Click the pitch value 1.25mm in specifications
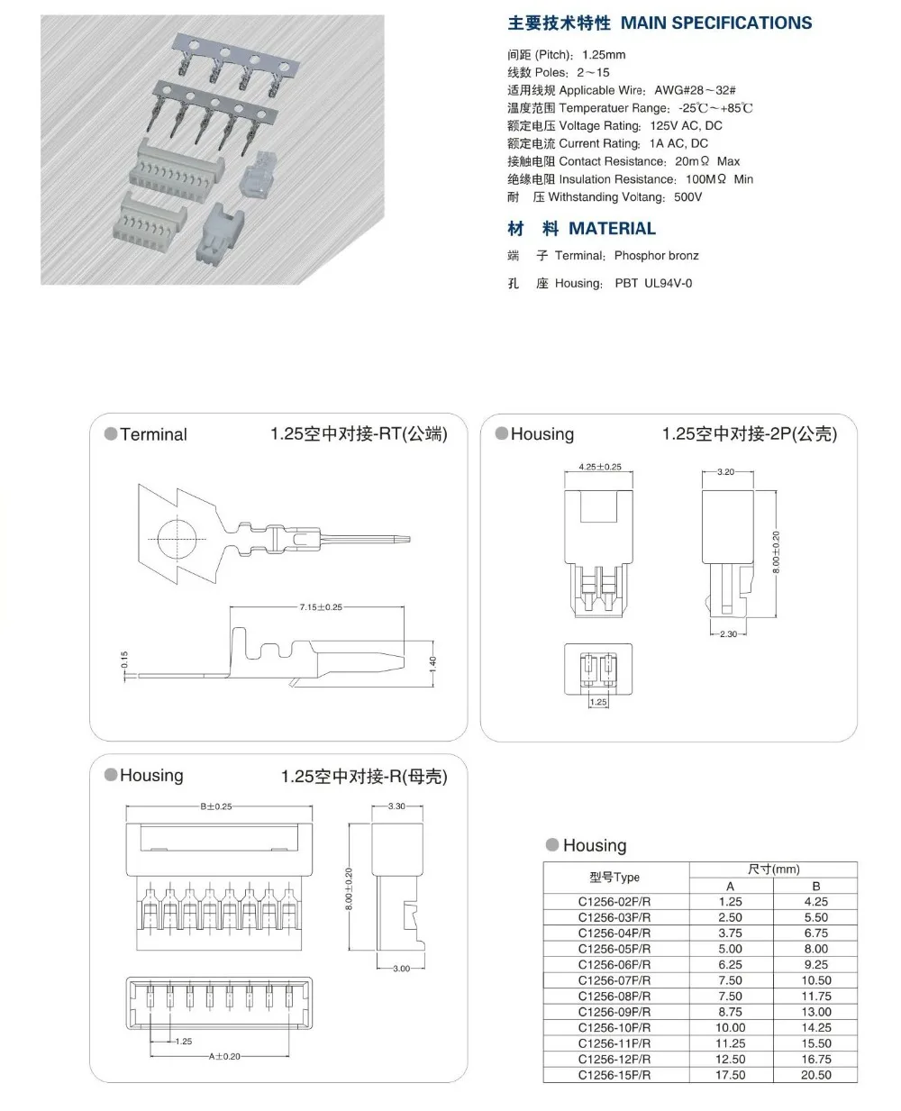(604, 55)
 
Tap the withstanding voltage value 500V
(687, 197)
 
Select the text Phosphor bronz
(656, 256)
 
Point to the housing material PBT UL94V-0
(653, 284)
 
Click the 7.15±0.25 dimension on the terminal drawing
(321, 607)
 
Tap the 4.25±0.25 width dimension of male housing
(599, 467)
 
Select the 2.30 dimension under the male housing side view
(728, 634)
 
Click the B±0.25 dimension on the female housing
(215, 806)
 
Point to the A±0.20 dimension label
(225, 1056)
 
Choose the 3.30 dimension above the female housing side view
(396, 806)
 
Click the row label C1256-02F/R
(614, 901)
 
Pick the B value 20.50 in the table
(815, 1075)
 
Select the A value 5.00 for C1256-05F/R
(730, 949)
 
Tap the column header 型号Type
(614, 878)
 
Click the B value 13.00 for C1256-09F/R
(815, 1012)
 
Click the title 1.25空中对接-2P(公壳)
(749, 434)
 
